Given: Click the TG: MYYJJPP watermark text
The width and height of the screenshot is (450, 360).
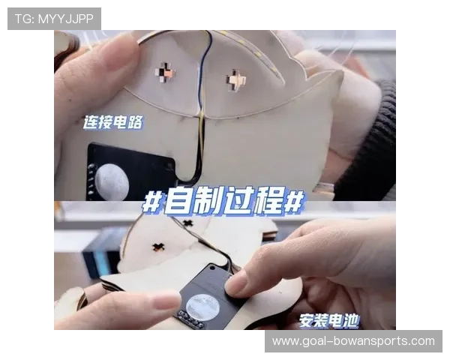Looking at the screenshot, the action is click(x=54, y=19).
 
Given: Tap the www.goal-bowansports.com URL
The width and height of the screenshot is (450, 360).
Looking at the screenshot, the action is click(x=353, y=341).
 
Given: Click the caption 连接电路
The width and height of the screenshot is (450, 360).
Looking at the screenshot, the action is click(x=112, y=122).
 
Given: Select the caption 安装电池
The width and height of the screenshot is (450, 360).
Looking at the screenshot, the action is click(x=329, y=321).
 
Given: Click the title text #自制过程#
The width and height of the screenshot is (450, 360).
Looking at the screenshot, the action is click(x=223, y=201).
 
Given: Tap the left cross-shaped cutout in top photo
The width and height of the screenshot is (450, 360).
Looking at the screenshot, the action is click(x=165, y=72).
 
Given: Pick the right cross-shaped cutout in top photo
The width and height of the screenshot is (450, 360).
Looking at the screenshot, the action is click(x=236, y=79).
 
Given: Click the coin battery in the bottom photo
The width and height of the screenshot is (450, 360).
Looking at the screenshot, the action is click(x=202, y=306).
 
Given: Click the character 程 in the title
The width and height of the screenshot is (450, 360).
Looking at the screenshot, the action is click(x=268, y=201).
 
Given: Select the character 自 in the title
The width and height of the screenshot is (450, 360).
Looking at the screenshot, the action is click(x=177, y=201).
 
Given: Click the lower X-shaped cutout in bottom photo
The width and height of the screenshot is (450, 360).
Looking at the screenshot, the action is click(x=158, y=247).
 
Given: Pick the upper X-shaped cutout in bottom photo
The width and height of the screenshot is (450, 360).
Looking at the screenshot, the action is click(x=188, y=223).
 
